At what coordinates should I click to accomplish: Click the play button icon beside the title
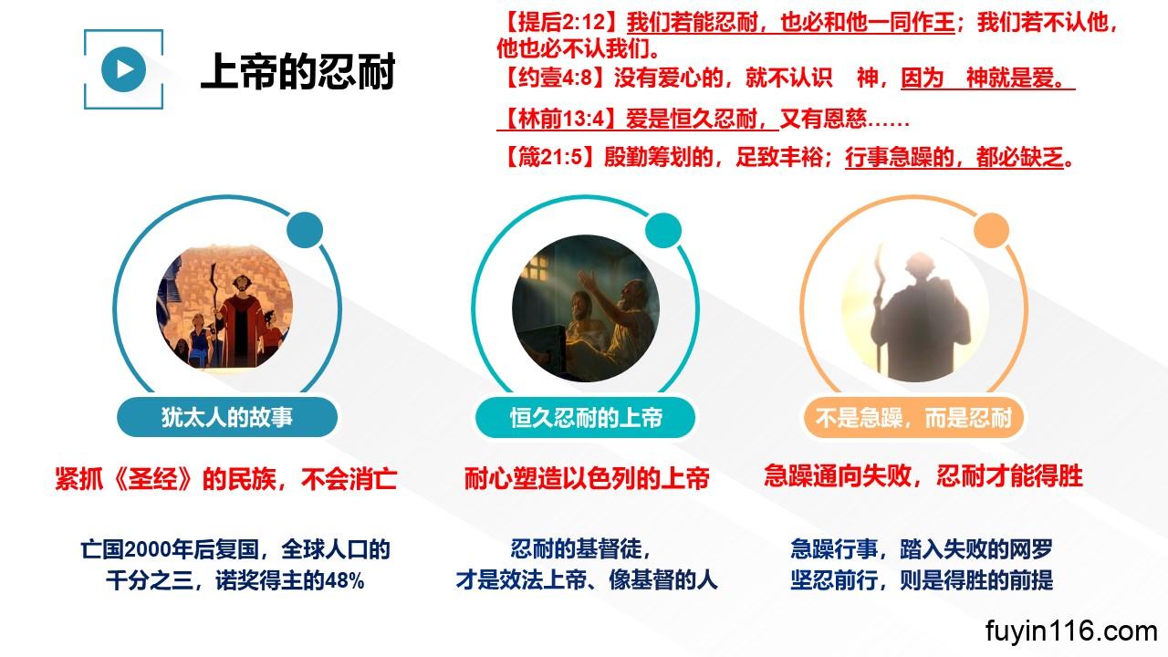[x=123, y=69]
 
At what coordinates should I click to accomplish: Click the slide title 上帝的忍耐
[x=298, y=71]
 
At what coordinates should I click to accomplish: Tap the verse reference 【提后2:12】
[x=561, y=23]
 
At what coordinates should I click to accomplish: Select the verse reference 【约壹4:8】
[x=556, y=78]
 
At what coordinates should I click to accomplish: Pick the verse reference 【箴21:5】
[x=550, y=156]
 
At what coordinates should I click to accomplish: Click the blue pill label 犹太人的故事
[x=227, y=417]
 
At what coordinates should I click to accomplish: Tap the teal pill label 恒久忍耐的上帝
[x=586, y=417]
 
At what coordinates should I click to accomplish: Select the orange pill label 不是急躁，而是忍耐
[x=913, y=417]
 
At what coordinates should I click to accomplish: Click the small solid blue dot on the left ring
[x=305, y=230]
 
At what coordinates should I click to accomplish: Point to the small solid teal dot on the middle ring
[x=663, y=230]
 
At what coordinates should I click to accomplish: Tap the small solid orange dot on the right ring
[x=991, y=230]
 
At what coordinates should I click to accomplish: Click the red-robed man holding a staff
[x=240, y=320]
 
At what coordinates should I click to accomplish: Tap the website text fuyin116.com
[x=1071, y=631]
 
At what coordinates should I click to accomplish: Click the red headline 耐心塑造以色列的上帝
[x=587, y=478]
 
